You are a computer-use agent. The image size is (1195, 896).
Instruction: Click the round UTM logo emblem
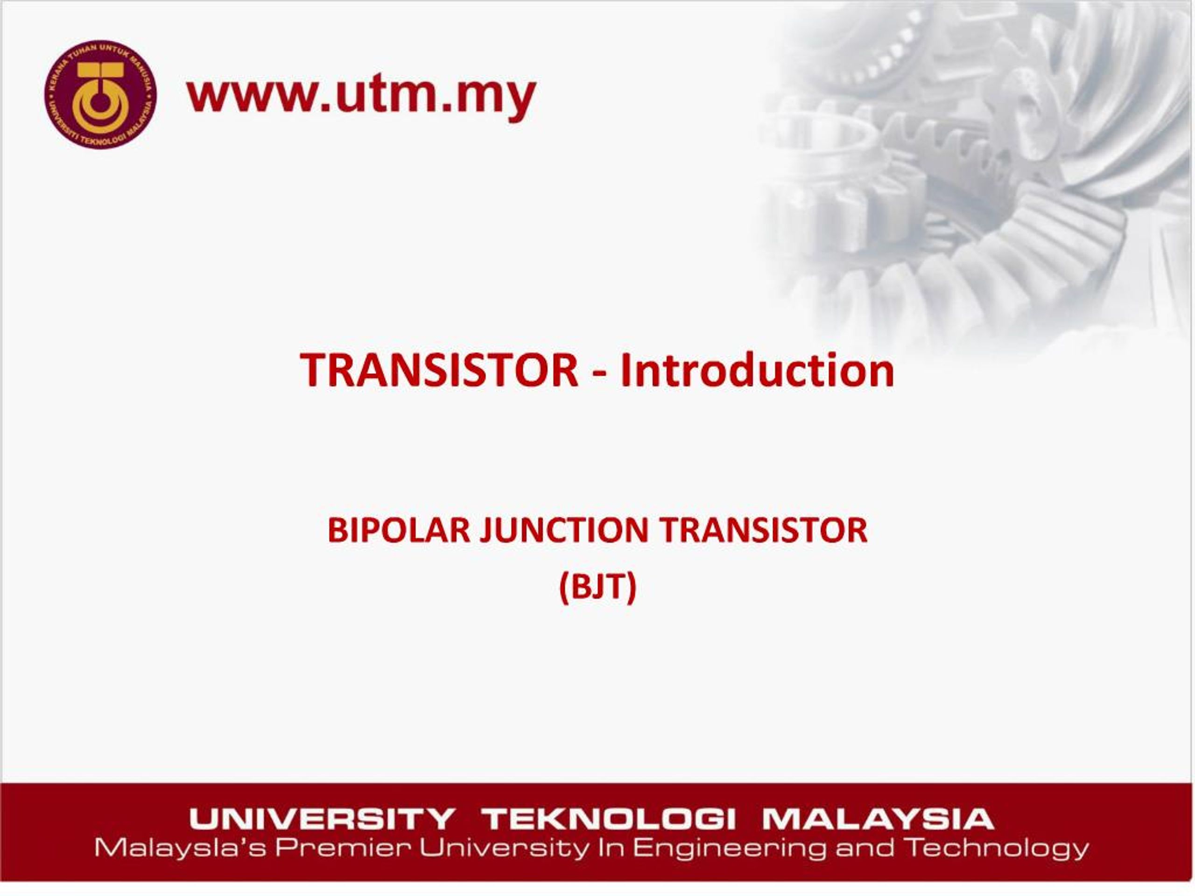click(100, 95)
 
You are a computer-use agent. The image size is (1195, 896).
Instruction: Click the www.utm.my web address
click(361, 96)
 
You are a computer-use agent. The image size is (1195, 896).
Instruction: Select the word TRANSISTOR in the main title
click(439, 371)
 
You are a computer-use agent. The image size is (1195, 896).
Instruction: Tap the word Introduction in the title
click(757, 371)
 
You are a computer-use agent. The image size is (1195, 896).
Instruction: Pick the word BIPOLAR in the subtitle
click(399, 530)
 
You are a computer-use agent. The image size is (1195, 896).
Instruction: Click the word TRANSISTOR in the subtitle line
click(764, 530)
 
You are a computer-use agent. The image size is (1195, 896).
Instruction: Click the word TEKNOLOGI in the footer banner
click(608, 819)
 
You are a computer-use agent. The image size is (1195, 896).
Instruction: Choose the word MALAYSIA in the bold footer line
click(878, 819)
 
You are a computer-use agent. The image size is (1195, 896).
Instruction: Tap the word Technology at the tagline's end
click(997, 849)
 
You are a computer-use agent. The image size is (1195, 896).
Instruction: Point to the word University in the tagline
click(504, 849)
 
